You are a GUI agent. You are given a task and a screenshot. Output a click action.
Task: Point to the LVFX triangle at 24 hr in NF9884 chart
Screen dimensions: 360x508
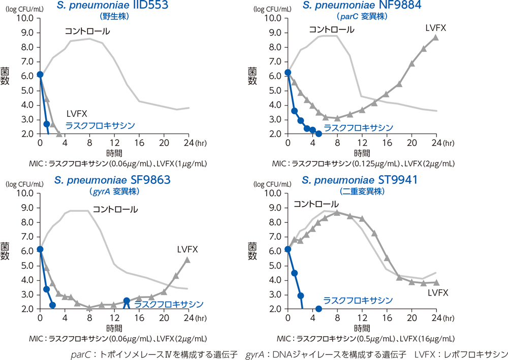(436, 38)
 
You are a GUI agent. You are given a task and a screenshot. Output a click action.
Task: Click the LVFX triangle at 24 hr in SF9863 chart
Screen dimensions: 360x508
(187, 260)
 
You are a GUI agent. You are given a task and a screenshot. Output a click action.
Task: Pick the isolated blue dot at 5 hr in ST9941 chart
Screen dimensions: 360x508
(319, 309)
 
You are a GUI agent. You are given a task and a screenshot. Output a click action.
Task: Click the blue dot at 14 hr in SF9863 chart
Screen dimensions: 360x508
(126, 301)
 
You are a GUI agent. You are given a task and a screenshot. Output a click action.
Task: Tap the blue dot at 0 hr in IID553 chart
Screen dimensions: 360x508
(40, 75)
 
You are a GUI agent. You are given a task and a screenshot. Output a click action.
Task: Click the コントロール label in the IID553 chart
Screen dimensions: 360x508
(87, 31)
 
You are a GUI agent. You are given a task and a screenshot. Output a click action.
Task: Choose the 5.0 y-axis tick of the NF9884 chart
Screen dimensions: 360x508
(273, 91)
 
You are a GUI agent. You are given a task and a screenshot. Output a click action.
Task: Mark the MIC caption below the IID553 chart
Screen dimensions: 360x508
(118, 163)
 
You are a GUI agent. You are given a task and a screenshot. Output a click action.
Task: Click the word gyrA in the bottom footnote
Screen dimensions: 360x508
(254, 353)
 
